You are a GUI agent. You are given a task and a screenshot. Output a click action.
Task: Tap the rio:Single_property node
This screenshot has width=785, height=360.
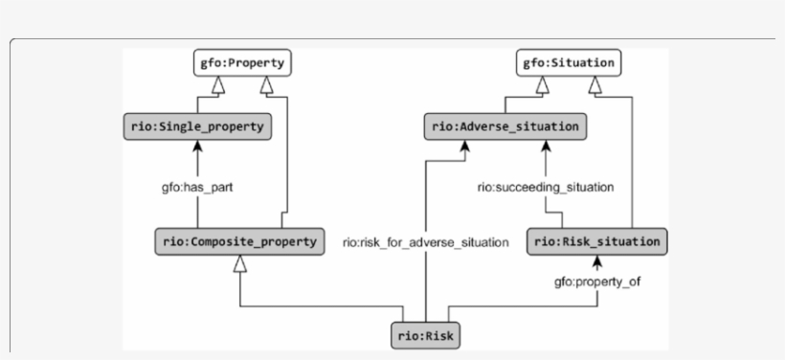point(198,125)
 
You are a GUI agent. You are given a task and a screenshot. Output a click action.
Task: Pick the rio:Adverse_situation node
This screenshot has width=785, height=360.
point(505,125)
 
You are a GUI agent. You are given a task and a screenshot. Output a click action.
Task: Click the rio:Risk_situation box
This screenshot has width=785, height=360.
point(597,241)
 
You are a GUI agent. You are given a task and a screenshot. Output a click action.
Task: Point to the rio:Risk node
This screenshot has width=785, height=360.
point(425,337)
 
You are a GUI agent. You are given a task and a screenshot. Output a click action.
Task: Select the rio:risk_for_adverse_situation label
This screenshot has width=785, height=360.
point(425,242)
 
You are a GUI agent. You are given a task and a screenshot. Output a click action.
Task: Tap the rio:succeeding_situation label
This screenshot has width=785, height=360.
point(546,187)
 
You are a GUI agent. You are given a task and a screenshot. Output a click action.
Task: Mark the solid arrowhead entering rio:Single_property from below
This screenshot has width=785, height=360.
point(198,146)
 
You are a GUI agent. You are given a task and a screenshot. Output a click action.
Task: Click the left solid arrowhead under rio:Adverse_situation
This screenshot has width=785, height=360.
point(462,146)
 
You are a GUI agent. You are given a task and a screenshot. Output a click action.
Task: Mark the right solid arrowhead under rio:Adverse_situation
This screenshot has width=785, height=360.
point(546,146)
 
